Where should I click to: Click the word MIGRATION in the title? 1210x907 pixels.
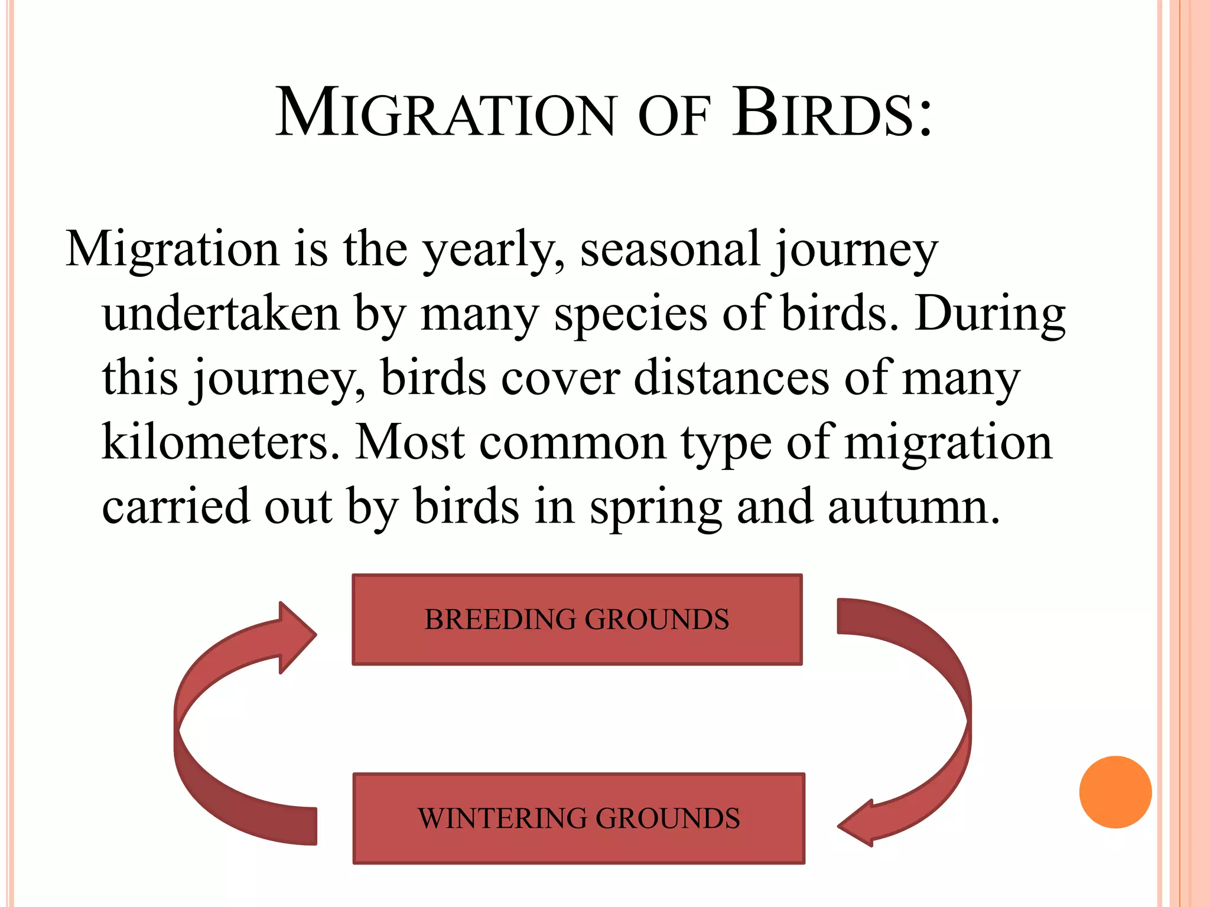point(446,113)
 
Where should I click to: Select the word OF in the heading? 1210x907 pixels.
point(673,116)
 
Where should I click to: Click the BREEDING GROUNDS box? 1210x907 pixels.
point(577,619)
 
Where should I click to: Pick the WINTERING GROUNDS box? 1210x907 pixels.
point(578,818)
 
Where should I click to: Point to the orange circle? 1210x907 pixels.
point(1115,792)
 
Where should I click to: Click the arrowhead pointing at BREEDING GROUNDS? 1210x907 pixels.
point(295,637)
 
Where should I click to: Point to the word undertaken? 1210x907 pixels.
point(221,313)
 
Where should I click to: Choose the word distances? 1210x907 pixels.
point(731,378)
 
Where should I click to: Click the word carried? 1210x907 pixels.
point(176,507)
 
